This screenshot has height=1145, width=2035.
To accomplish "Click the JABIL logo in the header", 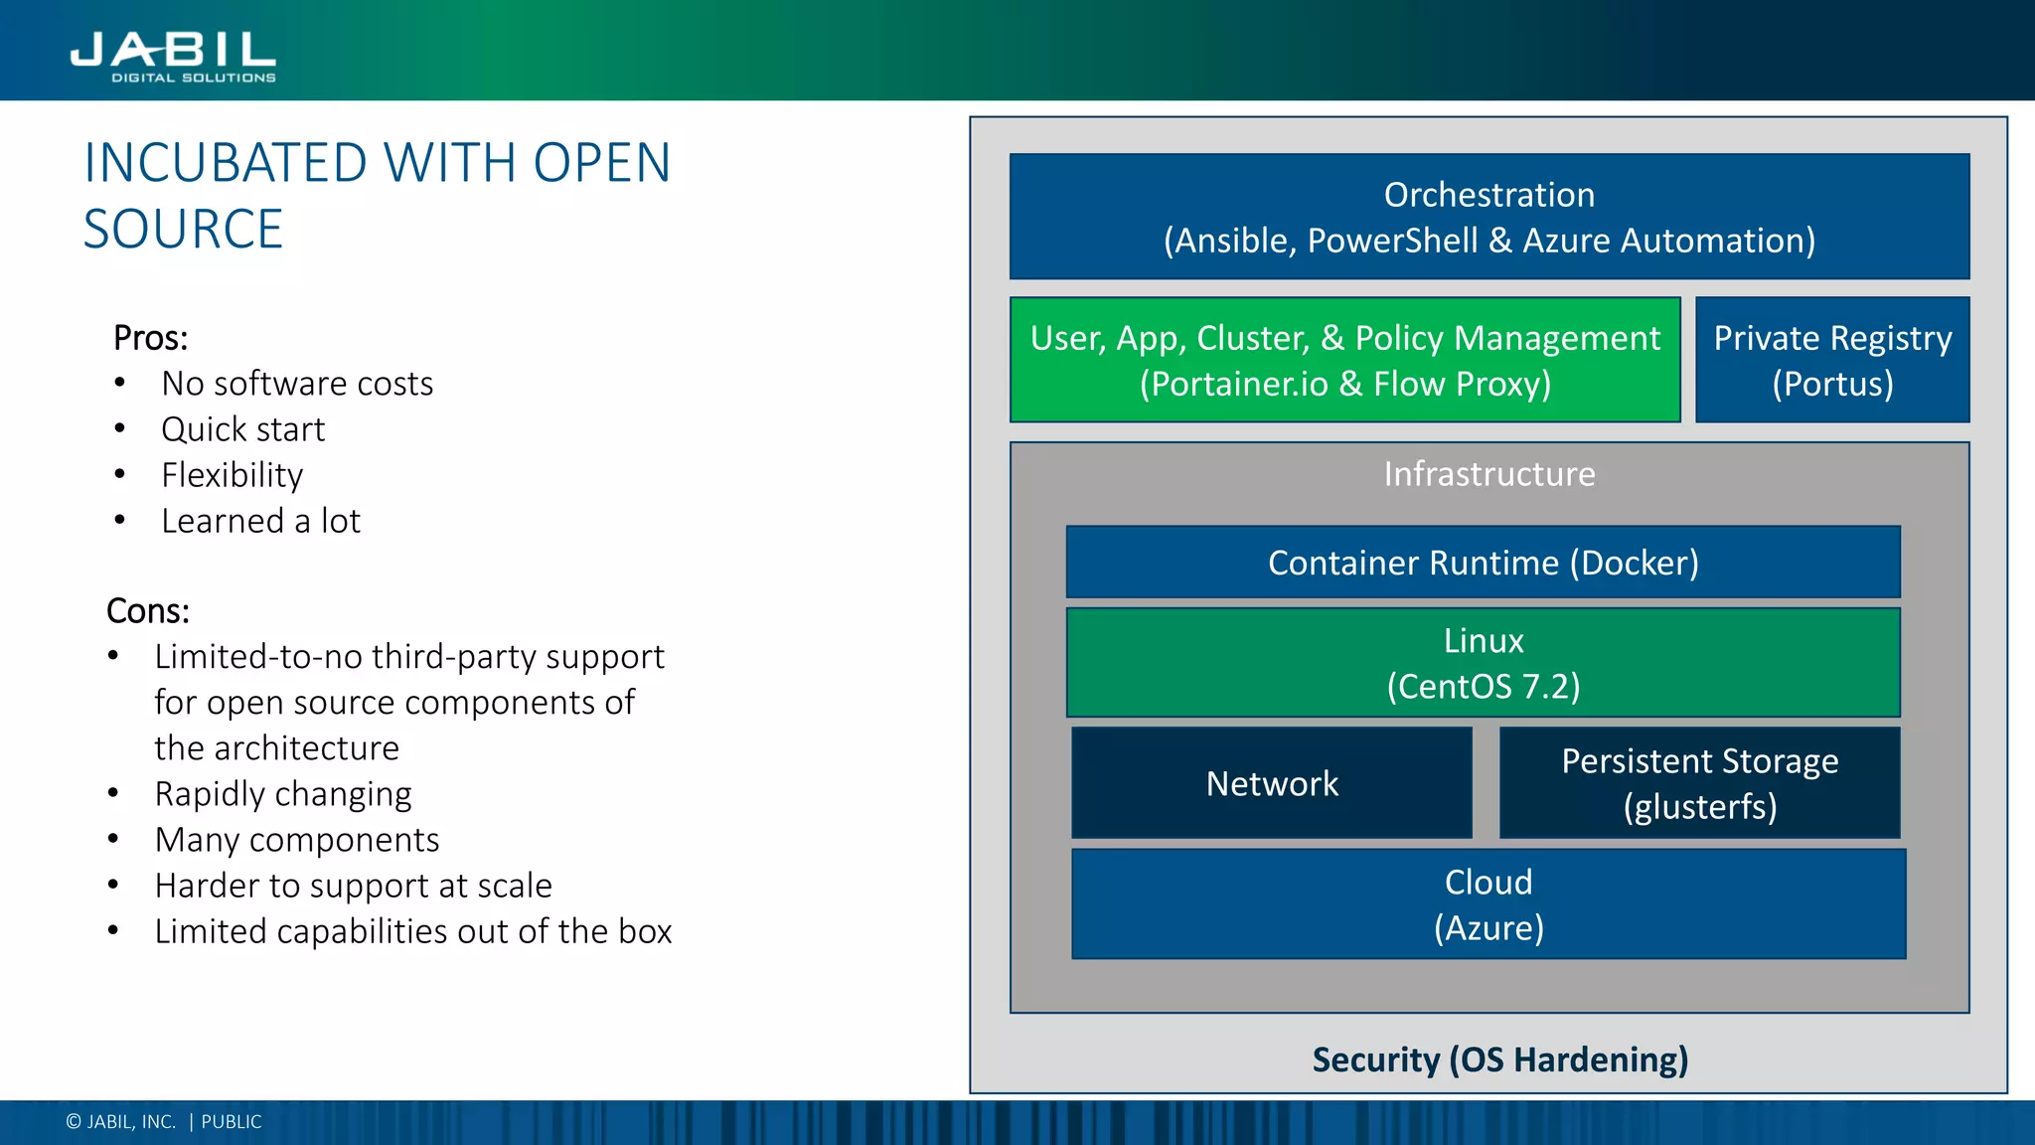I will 173,56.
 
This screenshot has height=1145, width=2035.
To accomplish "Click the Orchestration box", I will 1488,217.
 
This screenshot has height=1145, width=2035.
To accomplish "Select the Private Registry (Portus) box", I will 1831,360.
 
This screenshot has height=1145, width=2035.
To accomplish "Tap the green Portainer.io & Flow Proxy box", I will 1344,360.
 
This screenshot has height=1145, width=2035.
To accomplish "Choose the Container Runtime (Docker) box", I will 1483,563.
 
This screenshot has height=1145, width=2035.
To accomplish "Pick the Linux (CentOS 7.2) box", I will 1483,663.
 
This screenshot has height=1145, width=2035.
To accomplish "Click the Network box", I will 1271,783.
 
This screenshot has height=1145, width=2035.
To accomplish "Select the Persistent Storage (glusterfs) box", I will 1699,783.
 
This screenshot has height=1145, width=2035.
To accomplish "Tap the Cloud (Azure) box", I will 1487,904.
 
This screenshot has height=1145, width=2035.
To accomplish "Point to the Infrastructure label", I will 1488,474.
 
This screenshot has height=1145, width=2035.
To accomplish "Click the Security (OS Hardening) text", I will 1499,1060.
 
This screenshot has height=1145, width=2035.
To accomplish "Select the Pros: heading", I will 150,338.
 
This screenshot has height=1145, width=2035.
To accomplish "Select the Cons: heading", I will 147,610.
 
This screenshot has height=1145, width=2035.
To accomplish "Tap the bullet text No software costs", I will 297,384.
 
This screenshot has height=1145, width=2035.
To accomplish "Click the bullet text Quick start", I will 242,429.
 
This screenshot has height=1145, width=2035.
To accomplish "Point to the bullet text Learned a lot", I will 260,521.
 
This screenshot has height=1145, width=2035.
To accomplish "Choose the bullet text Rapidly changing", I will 282,794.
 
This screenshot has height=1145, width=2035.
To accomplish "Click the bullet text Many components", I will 296,840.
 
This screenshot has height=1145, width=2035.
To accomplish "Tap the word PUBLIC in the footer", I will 231,1122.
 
